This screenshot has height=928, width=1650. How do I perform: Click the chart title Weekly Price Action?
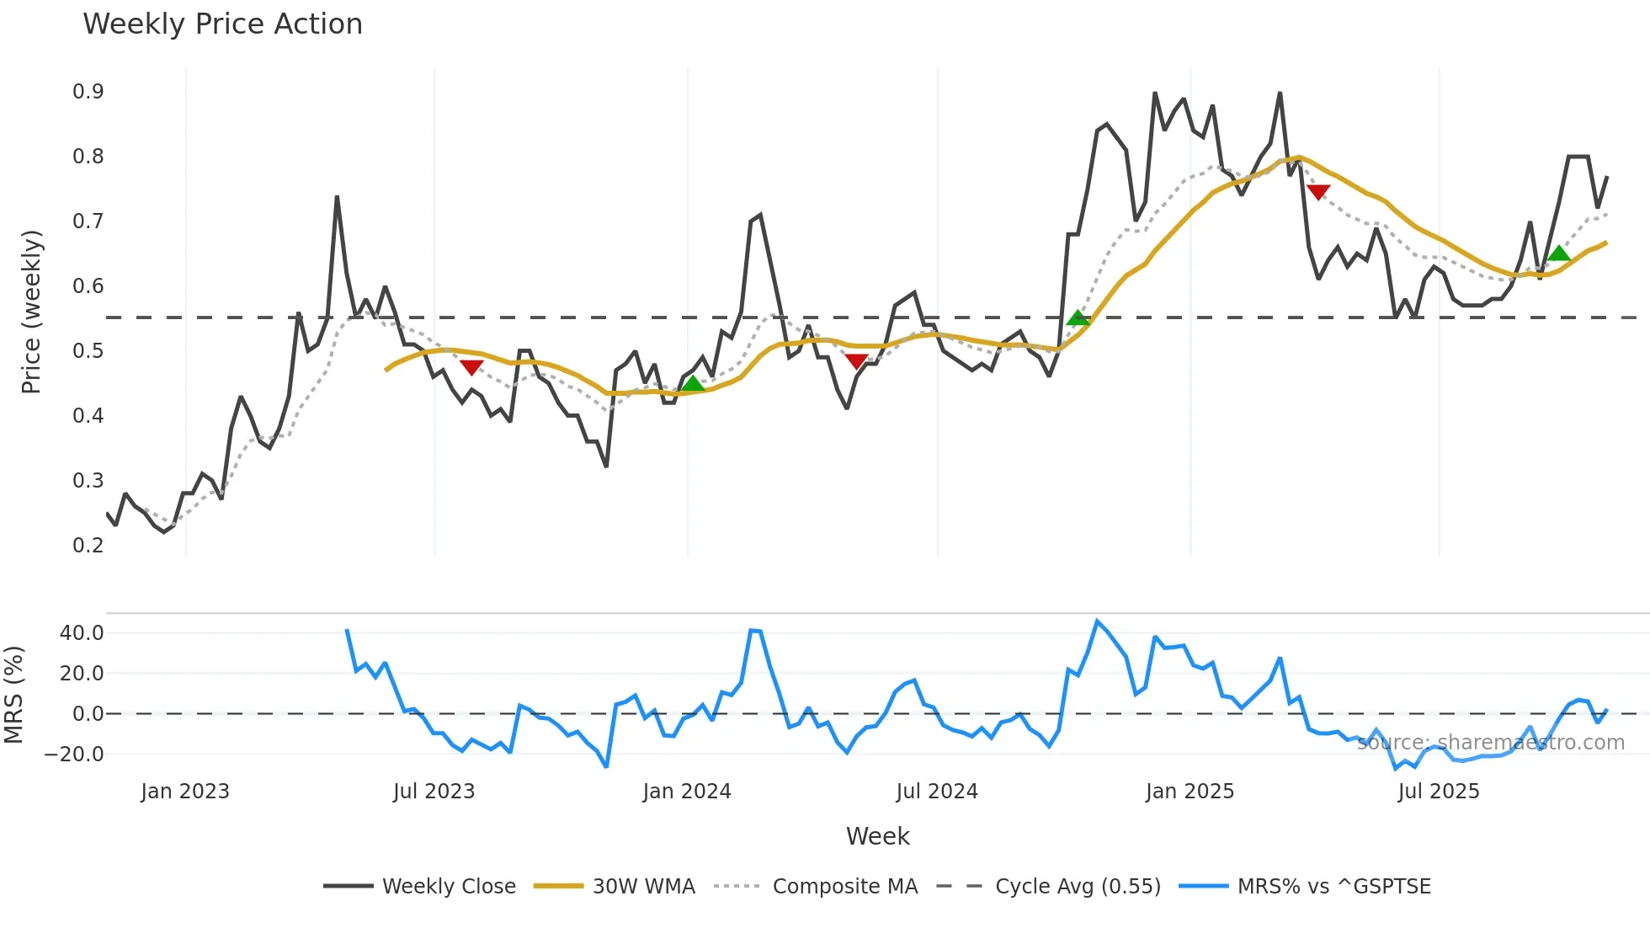click(222, 24)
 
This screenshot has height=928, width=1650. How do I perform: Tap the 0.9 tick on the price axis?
click(88, 92)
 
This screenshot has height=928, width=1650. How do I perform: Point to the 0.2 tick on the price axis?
click(88, 545)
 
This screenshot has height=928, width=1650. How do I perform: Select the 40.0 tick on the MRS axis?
click(81, 633)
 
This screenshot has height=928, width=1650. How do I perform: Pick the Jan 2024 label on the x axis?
click(686, 792)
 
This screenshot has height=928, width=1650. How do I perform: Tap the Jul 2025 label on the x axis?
click(1438, 792)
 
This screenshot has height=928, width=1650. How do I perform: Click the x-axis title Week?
click(877, 836)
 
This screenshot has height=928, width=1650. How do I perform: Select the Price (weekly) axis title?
click(31, 312)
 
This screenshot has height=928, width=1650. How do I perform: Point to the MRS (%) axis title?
click(14, 695)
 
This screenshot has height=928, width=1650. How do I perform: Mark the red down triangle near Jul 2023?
click(471, 367)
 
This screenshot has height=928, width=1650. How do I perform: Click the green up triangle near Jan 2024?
click(692, 384)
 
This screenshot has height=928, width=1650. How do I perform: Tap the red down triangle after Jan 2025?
click(1318, 192)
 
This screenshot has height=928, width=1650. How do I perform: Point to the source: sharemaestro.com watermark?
click(1490, 743)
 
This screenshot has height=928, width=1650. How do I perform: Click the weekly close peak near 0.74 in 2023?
click(337, 197)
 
